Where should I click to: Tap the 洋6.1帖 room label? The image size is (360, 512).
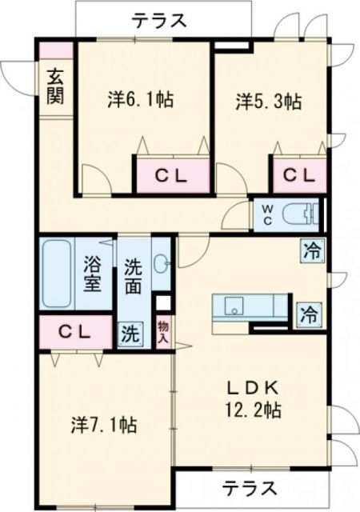tap(142, 102)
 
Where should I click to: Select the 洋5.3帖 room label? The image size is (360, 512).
tap(268, 102)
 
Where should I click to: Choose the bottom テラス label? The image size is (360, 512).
tap(250, 486)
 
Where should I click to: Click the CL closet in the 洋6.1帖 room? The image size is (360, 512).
tap(171, 177)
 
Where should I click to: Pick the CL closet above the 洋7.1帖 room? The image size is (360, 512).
tap(73, 331)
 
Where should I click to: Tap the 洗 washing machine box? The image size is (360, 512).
tap(128, 334)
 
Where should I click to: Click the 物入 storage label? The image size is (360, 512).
tap(162, 331)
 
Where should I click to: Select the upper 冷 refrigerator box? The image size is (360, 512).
tap(311, 250)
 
